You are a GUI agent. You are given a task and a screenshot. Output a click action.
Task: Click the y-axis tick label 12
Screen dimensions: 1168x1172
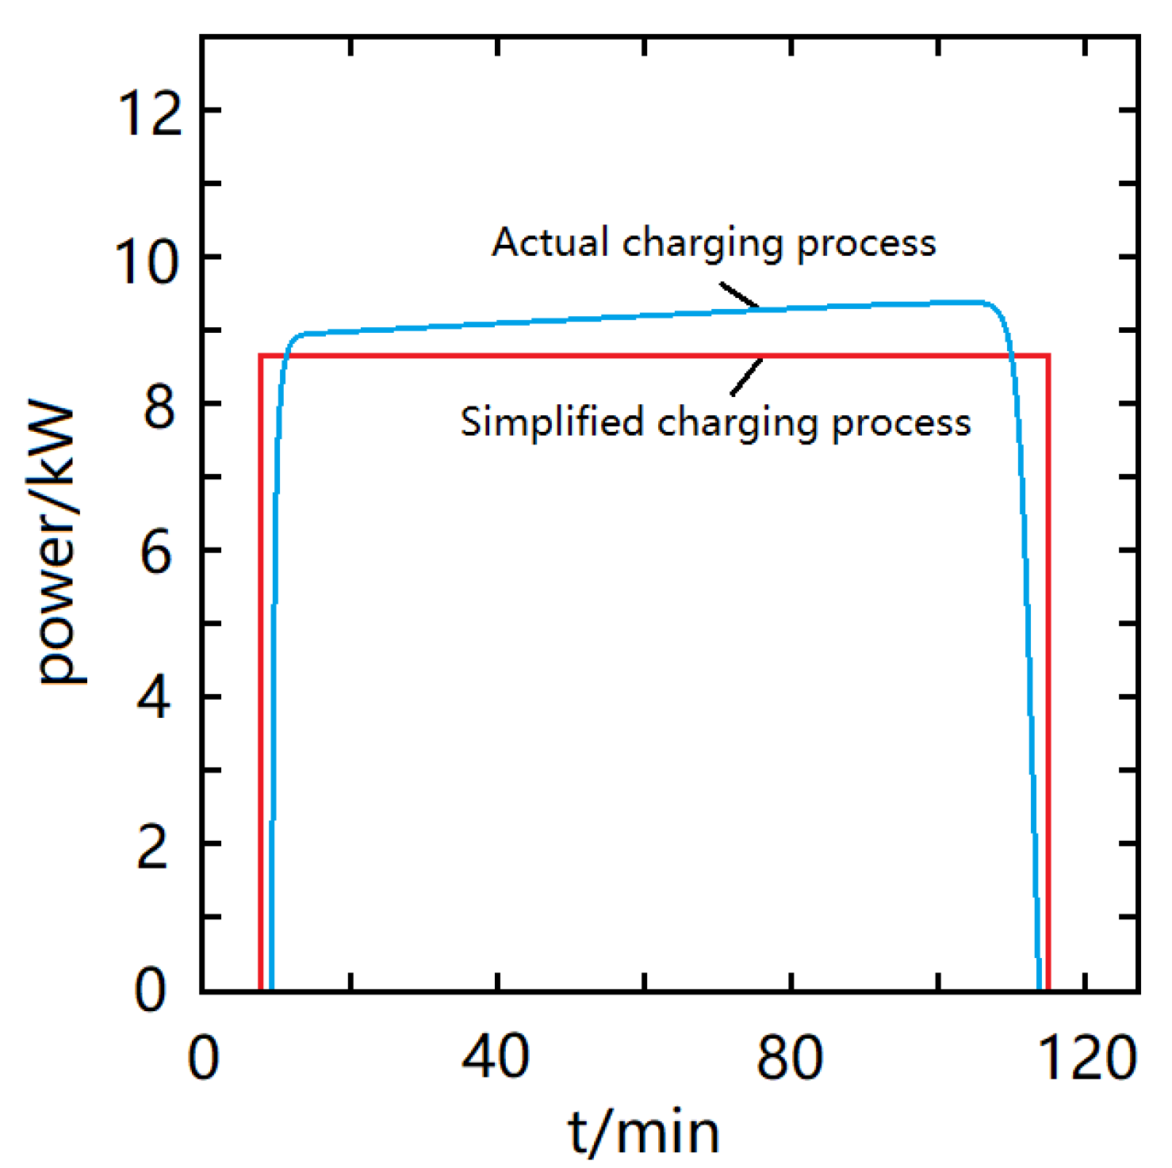(149, 111)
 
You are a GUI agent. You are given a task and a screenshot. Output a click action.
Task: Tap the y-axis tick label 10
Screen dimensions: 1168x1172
(147, 261)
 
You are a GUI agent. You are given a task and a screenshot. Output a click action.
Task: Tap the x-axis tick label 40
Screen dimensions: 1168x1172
(496, 1057)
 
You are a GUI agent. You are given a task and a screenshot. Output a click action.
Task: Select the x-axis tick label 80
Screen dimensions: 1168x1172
(790, 1057)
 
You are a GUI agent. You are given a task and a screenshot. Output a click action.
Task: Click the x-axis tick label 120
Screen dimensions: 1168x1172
(1087, 1057)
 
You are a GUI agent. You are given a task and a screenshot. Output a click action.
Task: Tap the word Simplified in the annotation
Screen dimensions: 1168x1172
(552, 422)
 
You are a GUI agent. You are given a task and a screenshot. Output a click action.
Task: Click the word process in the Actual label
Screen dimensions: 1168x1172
(866, 243)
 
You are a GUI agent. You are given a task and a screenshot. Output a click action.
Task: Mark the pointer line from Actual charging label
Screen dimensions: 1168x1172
(739, 296)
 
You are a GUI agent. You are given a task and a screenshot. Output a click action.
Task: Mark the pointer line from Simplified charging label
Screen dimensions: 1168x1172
(746, 376)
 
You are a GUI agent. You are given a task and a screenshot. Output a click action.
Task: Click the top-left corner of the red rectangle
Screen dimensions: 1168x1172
(261, 356)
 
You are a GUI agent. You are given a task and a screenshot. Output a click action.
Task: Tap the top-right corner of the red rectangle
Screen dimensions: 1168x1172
(1048, 356)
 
